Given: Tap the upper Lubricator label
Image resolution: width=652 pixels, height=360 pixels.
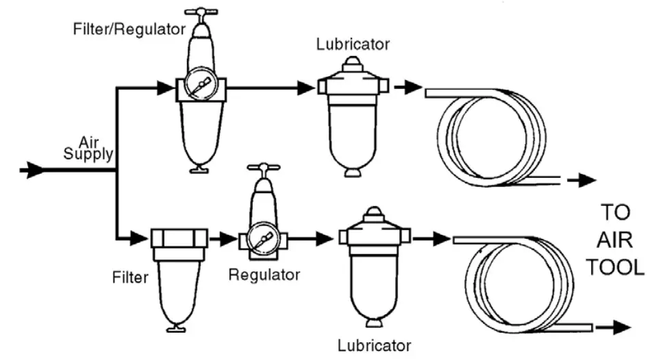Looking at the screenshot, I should click(x=353, y=44).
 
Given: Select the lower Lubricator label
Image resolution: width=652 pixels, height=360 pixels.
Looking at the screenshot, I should click(x=375, y=344).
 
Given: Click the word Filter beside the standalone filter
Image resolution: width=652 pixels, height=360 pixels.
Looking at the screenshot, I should click(x=131, y=278).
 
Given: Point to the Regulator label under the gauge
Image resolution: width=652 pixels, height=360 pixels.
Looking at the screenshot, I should click(x=264, y=275).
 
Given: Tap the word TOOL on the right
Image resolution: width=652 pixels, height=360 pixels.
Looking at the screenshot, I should click(x=614, y=266).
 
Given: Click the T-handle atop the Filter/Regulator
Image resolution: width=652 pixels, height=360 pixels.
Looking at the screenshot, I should click(x=201, y=12).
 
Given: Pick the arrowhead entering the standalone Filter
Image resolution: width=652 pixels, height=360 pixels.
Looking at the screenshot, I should click(x=140, y=239).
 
